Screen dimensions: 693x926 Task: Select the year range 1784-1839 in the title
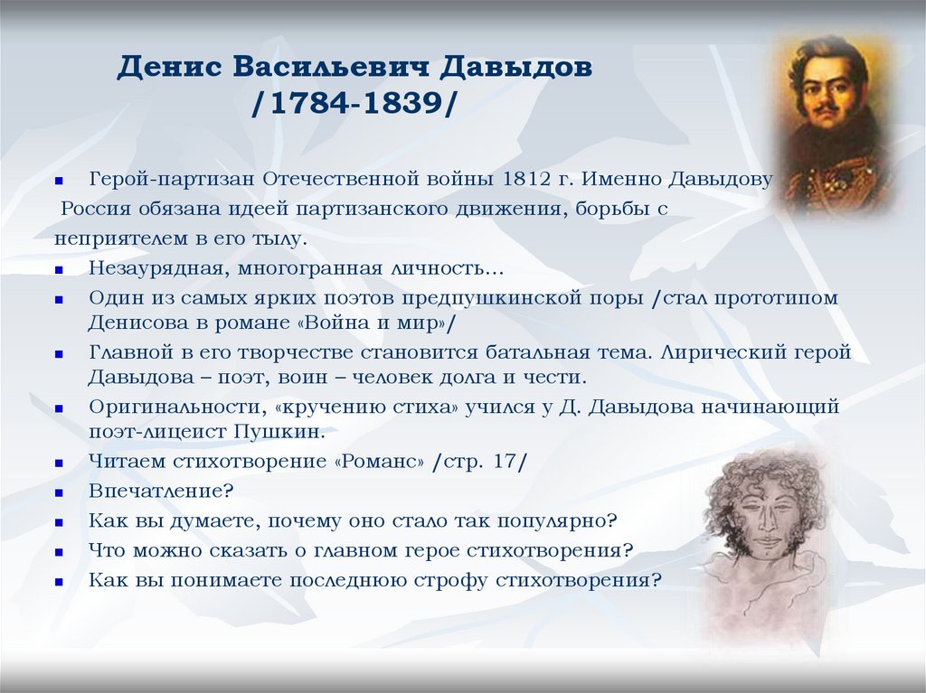358,102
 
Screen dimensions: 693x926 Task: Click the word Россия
97,209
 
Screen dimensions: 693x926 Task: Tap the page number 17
505,462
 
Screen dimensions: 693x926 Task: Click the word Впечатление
159,492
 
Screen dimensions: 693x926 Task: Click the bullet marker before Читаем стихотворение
59,463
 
